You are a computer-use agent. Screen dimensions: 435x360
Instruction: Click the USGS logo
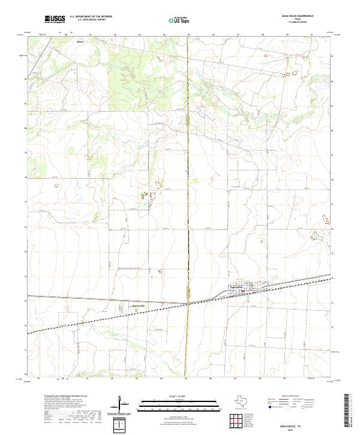(x=55, y=19)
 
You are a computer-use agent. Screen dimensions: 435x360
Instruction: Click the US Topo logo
(x=176, y=19)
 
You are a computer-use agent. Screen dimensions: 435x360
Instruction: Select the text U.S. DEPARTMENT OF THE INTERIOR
(x=91, y=16)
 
